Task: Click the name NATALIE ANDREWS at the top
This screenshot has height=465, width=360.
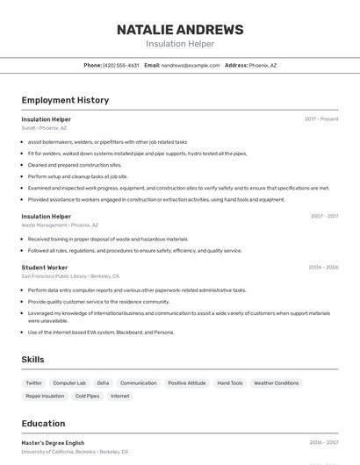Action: point(180,29)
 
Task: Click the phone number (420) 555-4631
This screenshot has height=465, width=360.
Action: point(120,65)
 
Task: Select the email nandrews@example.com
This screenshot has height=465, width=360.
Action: point(190,65)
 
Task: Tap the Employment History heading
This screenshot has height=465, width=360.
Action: point(65,100)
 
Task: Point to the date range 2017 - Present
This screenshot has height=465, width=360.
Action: point(321,119)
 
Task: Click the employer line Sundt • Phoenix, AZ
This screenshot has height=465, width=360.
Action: point(44,128)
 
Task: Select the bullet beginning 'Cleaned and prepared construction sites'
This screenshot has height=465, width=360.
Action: point(75,165)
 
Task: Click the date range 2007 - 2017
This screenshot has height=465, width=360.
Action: point(324,216)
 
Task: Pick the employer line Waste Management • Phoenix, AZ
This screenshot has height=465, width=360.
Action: point(60,225)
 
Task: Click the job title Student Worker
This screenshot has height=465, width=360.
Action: point(45,267)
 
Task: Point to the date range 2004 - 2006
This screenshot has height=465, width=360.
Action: point(323,267)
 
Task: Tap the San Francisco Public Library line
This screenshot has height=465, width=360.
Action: point(70,276)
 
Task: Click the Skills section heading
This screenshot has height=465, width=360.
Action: point(32,360)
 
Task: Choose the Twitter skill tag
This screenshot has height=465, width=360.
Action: point(33,383)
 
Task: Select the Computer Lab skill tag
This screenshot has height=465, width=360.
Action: point(69,383)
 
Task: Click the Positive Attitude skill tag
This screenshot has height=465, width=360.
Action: point(187,383)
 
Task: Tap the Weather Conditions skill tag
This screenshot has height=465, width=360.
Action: point(276,383)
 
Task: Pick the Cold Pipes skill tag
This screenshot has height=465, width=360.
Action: point(87,397)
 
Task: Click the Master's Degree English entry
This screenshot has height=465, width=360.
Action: point(53,443)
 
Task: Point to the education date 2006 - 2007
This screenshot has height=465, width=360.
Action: point(324,443)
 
